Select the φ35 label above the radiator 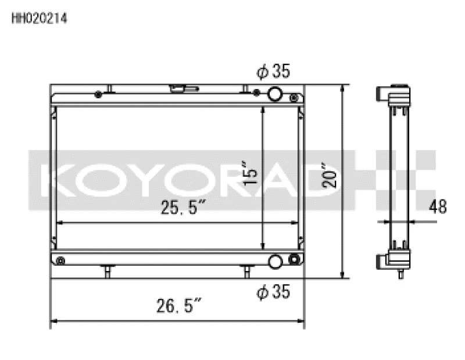[x=273, y=72]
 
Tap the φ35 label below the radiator [x=273, y=292]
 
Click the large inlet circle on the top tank [x=275, y=94]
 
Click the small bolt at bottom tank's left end [x=59, y=261]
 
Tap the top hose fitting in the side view [x=385, y=93]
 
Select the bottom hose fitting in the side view [x=385, y=259]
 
